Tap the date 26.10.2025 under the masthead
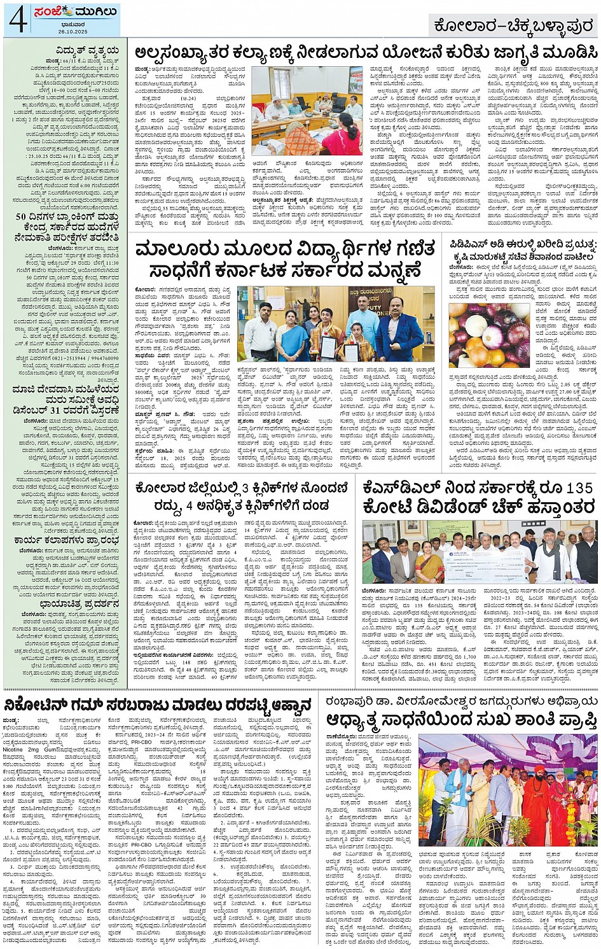point(67,31)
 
